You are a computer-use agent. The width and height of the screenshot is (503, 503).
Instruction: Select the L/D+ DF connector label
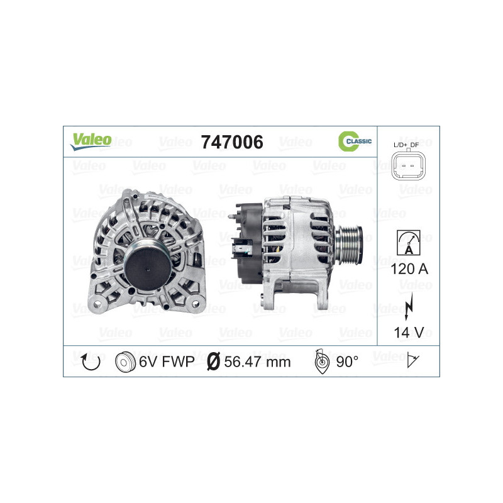click(408, 145)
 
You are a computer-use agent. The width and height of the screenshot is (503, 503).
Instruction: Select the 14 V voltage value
click(408, 331)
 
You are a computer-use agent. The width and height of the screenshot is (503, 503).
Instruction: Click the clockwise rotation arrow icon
click(91, 362)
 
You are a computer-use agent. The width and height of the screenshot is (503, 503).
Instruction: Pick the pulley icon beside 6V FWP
click(126, 362)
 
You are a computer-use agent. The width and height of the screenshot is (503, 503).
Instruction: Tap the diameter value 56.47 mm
click(258, 362)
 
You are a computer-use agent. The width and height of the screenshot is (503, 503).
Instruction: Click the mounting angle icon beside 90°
click(321, 362)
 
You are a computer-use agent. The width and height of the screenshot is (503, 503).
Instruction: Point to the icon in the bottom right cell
click(413, 361)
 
